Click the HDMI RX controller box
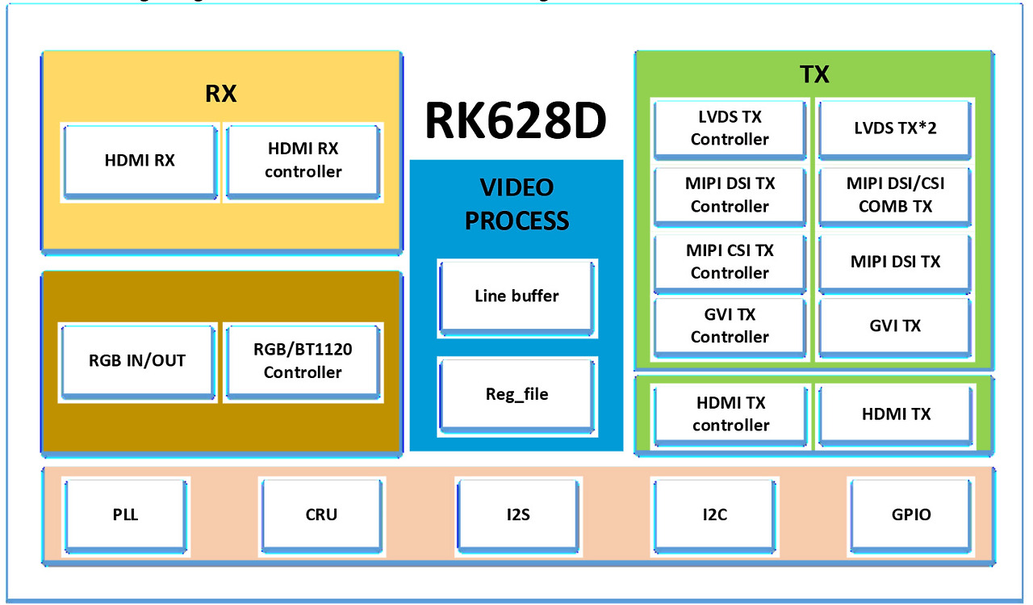(303, 161)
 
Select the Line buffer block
(516, 296)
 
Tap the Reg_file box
(516, 394)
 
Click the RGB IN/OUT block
(137, 361)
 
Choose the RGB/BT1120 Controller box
(303, 361)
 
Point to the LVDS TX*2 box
(895, 128)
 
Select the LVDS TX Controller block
(730, 128)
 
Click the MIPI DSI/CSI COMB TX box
(895, 195)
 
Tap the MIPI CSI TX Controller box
(730, 262)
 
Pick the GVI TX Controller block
(730, 326)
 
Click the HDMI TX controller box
(730, 414)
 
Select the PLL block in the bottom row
(126, 515)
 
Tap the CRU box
(321, 515)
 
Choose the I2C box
(714, 515)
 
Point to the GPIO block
(910, 515)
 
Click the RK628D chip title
(516, 122)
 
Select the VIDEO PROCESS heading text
(516, 204)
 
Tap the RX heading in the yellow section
(220, 94)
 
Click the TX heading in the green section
(814, 75)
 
